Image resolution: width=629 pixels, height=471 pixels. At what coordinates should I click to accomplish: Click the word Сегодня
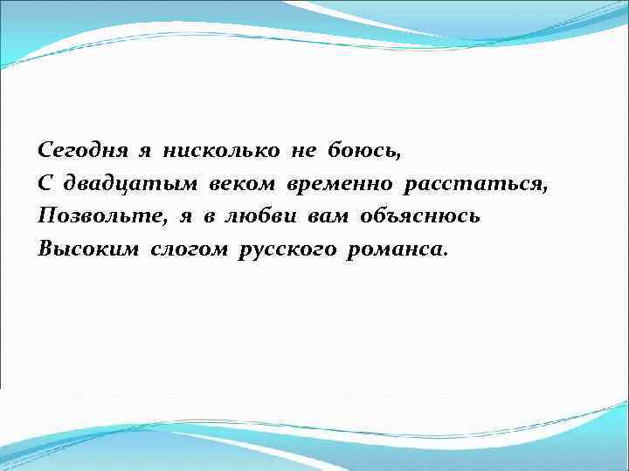[81, 150]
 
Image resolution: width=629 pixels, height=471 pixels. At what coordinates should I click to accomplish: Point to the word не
[303, 150]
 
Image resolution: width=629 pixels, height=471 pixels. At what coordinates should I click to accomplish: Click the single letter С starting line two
[45, 183]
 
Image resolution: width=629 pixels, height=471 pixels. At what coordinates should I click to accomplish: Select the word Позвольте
[90, 215]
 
